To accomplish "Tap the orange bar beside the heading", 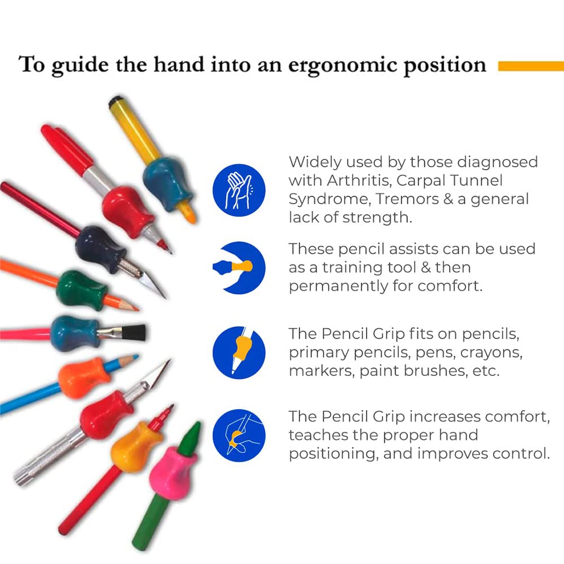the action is (x=531, y=66).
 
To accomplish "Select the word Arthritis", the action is (x=359, y=180).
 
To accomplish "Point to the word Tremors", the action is (x=405, y=199).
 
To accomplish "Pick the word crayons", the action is (x=491, y=353).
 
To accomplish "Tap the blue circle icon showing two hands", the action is (x=239, y=190).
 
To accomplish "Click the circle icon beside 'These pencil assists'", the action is (x=239, y=268).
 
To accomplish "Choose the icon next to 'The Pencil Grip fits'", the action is (x=239, y=353).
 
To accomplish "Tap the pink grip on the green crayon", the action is (x=172, y=473).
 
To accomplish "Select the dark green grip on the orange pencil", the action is (x=81, y=291).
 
